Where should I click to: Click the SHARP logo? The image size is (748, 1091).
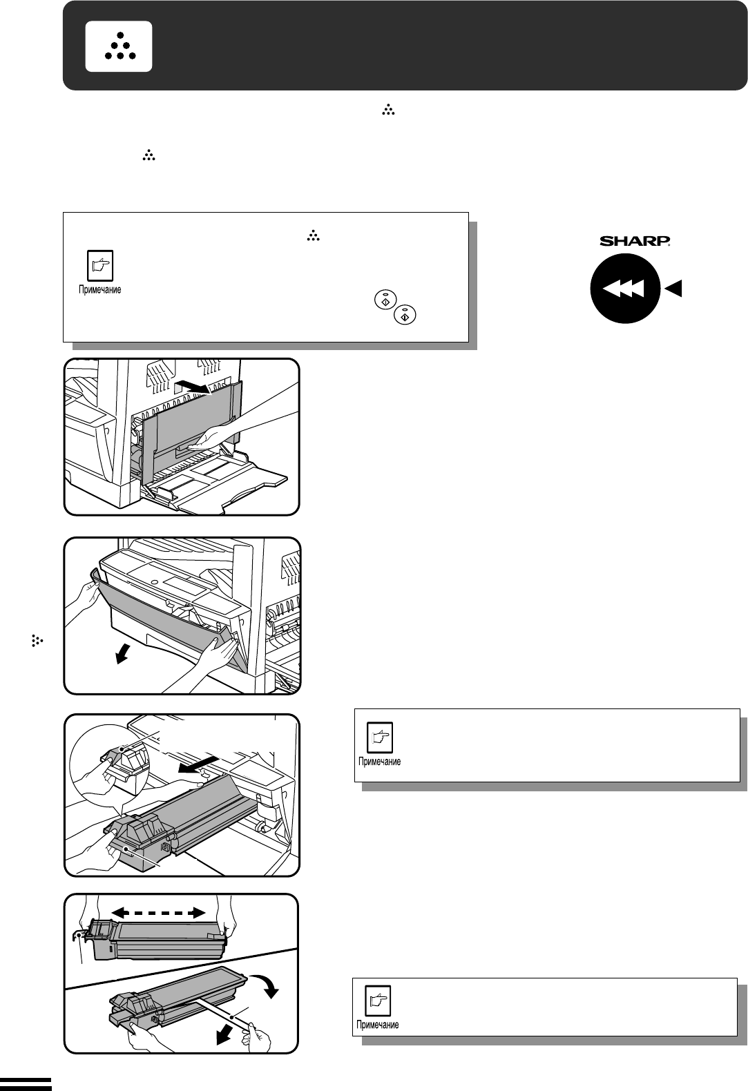tap(635, 240)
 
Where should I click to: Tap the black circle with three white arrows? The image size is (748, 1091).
tap(625, 289)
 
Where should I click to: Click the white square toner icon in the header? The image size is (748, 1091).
tap(118, 47)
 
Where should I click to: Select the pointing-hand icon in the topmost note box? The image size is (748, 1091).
tap(100, 265)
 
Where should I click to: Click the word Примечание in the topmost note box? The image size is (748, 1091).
tap(100, 290)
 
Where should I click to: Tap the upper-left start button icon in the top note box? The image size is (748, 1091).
tap(385, 300)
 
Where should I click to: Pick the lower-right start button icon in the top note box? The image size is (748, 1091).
tap(405, 314)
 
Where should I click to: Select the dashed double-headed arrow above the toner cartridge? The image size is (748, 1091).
tap(158, 912)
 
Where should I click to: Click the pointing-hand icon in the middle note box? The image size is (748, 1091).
tap(380, 737)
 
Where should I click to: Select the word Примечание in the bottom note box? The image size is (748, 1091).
tap(378, 1025)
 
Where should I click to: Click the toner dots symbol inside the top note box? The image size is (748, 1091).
tap(314, 237)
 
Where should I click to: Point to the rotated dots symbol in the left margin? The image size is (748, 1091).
tap(37, 641)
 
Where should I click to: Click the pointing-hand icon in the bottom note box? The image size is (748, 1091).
tap(378, 1001)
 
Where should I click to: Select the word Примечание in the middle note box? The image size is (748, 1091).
tap(380, 761)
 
